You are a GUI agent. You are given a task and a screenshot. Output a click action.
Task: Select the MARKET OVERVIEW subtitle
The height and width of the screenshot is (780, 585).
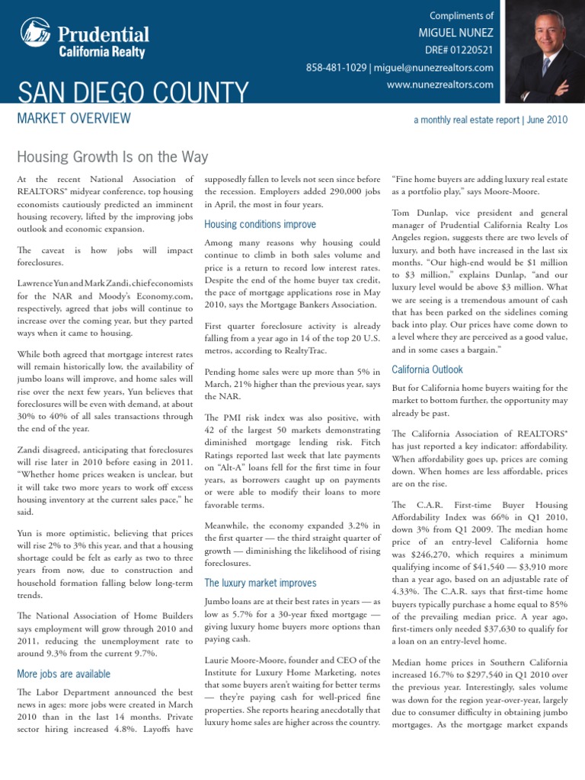pos(73,118)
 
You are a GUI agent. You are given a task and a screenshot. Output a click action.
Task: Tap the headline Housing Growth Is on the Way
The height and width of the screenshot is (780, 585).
pos(112,157)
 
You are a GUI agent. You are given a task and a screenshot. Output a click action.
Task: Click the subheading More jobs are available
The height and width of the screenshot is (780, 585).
pos(63,674)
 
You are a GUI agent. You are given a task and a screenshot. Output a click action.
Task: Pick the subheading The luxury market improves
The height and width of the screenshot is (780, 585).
pos(260,583)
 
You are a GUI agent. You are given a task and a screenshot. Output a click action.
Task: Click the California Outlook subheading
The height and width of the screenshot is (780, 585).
pos(427,369)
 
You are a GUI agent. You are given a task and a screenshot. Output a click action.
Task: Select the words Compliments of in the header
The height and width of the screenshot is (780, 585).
pos(461,15)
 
